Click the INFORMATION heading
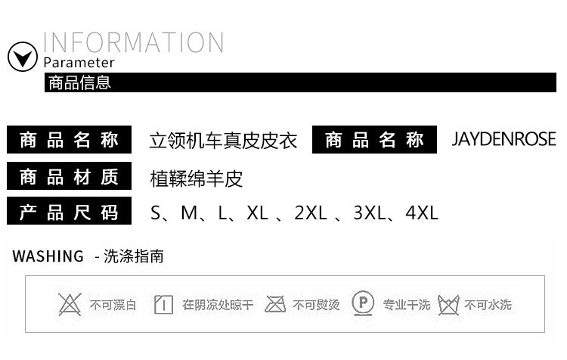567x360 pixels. click(133, 42)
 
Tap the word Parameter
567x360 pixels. click(79, 63)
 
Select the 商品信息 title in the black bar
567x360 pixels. click(79, 82)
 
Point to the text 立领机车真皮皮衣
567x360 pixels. click(224, 141)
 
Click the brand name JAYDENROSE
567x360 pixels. click(503, 140)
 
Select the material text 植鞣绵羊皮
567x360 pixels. click(197, 178)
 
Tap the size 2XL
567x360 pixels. click(310, 213)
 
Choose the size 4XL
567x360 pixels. click(422, 213)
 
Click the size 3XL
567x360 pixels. click(370, 213)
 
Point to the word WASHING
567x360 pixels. click(48, 256)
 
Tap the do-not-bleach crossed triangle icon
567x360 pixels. click(70, 304)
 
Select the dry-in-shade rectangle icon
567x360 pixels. click(163, 305)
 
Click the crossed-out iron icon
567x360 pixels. click(275, 304)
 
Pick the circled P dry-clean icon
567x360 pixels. click(364, 304)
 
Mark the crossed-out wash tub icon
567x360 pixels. click(448, 305)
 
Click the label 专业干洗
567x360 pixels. click(406, 305)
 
